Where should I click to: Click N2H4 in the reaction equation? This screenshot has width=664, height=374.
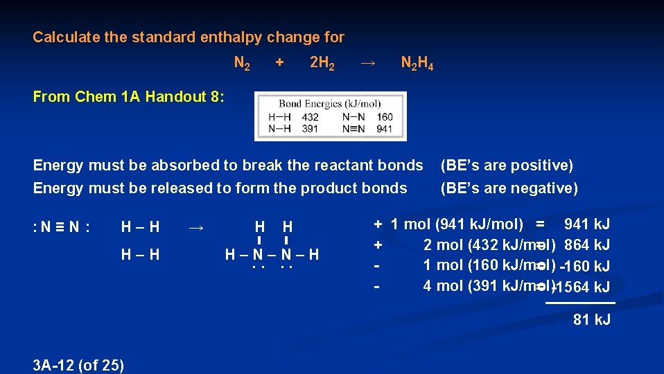[x=417, y=64]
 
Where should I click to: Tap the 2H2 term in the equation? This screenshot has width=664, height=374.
[x=322, y=64]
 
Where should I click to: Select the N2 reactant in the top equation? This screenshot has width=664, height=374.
[x=243, y=64]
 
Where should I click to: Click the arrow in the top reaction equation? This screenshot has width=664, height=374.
[x=368, y=63]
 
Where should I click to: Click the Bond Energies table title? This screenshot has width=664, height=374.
[x=329, y=104]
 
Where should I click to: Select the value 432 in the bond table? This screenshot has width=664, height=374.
[x=310, y=118]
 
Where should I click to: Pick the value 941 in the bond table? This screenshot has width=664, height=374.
[x=384, y=129]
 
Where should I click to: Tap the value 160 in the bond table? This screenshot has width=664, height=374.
[x=384, y=118]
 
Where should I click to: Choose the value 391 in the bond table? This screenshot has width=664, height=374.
[x=310, y=129]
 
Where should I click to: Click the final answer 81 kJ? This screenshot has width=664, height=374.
[x=591, y=320]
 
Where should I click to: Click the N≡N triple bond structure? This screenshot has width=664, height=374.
[x=61, y=226]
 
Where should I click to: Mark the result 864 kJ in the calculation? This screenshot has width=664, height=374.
[x=587, y=244]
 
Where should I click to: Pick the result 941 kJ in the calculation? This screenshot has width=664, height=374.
[x=587, y=224]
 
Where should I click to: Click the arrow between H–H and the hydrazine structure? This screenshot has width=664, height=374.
[x=196, y=226]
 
